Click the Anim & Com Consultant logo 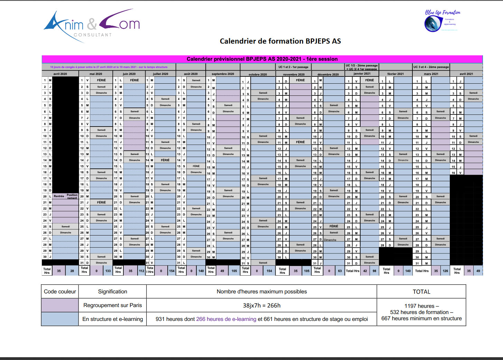pos(92,26)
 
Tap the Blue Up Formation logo pos(442,21)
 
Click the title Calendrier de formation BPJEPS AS pos(280,41)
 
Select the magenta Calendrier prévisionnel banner pos(262,59)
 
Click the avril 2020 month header pos(60,74)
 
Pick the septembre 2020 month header pos(223,74)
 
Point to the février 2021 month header pos(395,74)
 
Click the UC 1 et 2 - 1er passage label pos(293,67)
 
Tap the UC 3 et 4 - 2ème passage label pos(431,67)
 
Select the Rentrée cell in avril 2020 pos(59,196)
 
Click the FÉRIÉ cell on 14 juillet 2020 pos(165,160)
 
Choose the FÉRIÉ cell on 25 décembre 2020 pos(334,227)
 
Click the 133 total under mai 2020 pos(108,271)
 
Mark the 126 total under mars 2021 pos(445,271)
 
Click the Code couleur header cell pos(60,292)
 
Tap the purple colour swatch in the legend pos(60,305)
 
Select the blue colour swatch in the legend pos(60,319)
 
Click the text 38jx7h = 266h pos(262,305)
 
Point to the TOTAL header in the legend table pos(421,292)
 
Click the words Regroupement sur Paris pos(113,305)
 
